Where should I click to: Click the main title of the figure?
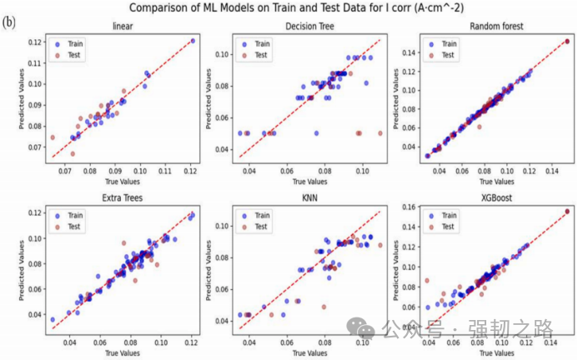point(293,8)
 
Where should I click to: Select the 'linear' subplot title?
point(122,26)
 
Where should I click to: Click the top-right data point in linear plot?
point(193,40)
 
